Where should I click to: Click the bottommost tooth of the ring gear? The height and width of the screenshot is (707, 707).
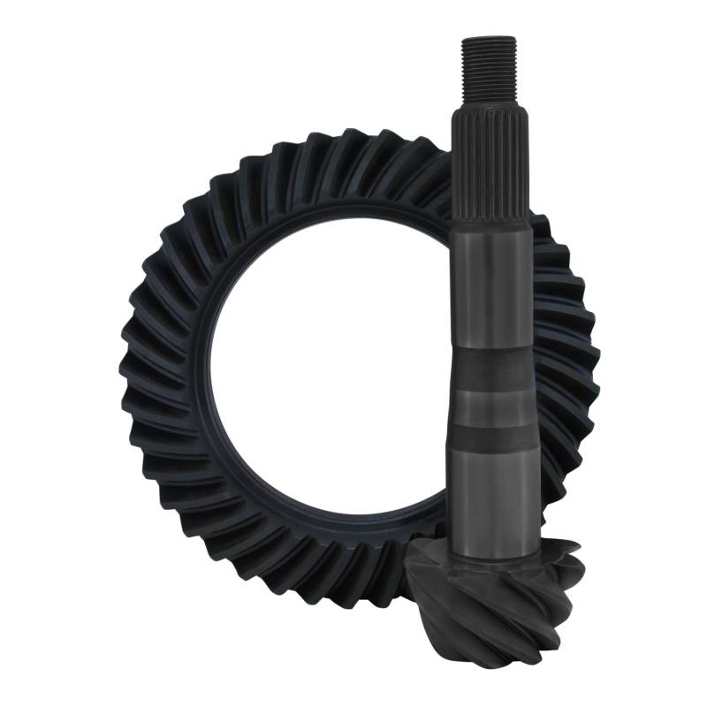pos(353,610)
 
